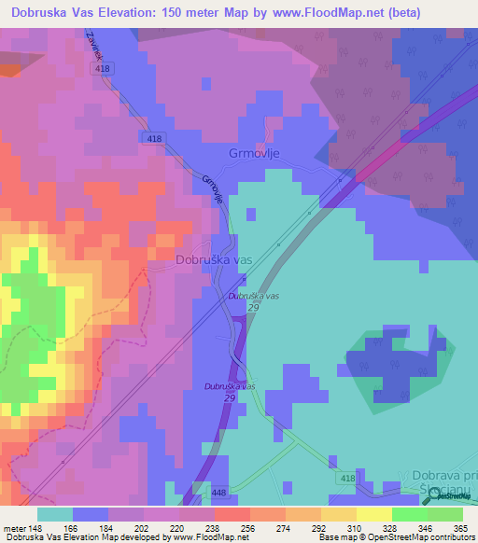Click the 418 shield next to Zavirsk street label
pyautogui.click(x=103, y=70)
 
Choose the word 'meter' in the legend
pyautogui.click(x=16, y=527)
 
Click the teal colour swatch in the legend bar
pyautogui.click(x=55, y=514)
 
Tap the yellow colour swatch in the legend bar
pyautogui.click(x=373, y=514)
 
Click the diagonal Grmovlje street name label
pyautogui.click(x=212, y=190)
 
